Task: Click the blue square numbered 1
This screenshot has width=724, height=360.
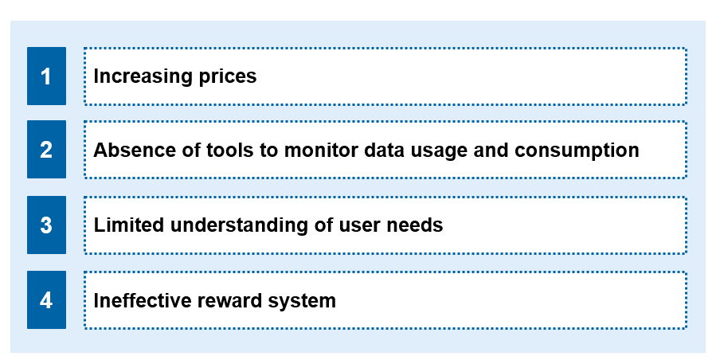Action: click(46, 76)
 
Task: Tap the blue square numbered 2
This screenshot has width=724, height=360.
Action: click(46, 150)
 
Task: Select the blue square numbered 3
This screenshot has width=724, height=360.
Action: click(46, 225)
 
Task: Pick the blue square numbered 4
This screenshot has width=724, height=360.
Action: click(46, 300)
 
